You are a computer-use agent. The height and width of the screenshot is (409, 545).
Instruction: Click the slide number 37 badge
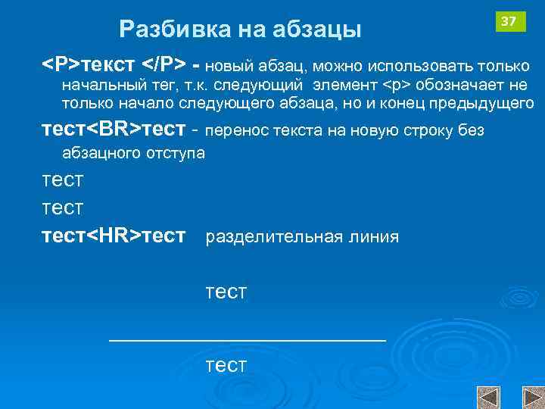(509, 21)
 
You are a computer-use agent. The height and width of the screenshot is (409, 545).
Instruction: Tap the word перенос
(235, 130)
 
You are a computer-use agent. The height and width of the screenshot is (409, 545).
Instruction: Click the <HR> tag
(113, 236)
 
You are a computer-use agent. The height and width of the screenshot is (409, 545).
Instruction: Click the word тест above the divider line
(226, 292)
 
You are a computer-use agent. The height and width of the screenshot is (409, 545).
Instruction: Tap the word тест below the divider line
(226, 366)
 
